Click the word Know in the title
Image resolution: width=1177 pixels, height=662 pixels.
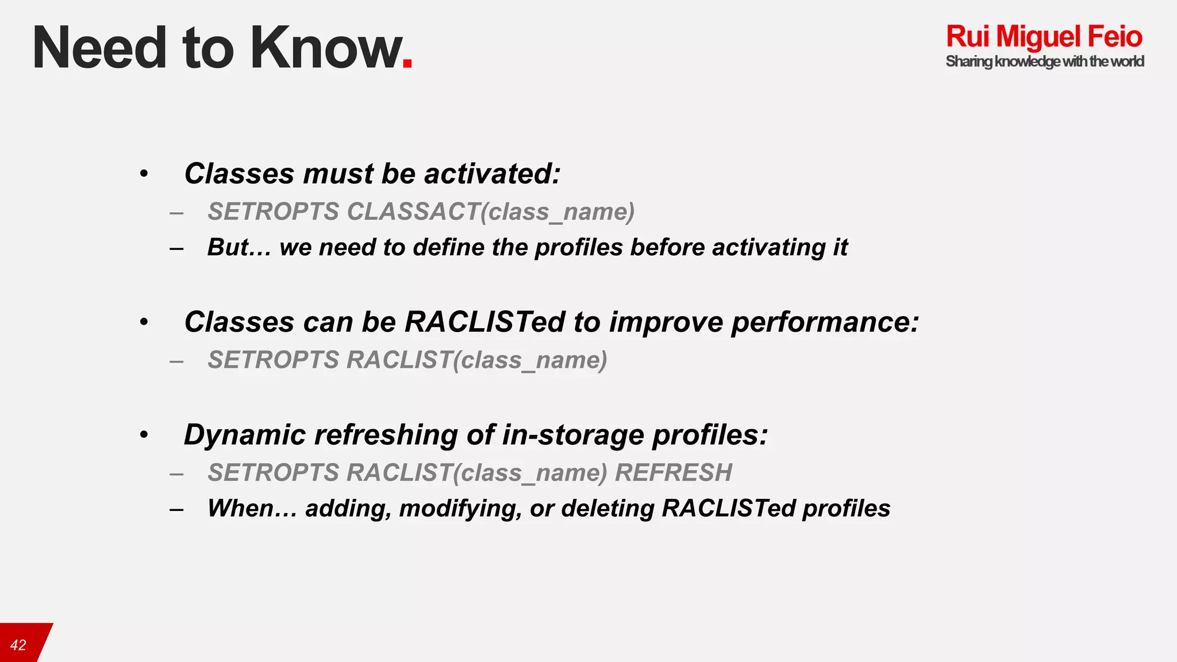click(326, 48)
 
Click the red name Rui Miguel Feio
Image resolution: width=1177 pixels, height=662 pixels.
click(1044, 37)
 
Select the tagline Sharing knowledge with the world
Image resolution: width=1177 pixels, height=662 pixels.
click(1044, 61)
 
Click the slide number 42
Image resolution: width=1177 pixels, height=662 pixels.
click(18, 645)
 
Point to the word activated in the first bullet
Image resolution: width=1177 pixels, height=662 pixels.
click(492, 174)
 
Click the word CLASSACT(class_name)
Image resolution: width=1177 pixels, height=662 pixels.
click(491, 212)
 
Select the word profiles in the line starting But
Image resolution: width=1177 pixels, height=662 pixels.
click(579, 248)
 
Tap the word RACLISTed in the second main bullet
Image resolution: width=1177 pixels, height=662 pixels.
click(485, 322)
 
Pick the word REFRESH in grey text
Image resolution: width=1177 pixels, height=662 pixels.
click(674, 473)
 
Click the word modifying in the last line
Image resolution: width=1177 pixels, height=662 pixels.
click(460, 509)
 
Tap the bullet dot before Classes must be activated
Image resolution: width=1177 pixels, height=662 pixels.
click(144, 174)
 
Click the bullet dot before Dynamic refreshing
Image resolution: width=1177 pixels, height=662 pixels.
click(144, 435)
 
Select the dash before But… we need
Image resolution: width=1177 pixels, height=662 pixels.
click(176, 248)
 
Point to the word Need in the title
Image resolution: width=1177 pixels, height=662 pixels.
click(99, 48)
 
